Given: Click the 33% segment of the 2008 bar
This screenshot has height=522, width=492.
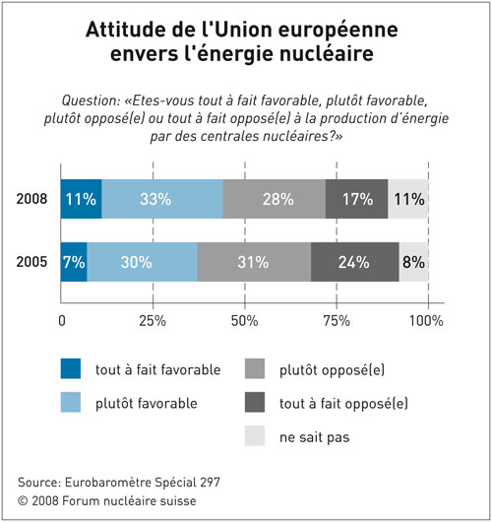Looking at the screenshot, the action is click(x=162, y=199).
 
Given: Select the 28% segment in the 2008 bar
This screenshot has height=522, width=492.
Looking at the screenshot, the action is click(x=275, y=199).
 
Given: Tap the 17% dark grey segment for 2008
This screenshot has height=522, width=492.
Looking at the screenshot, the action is click(x=356, y=199).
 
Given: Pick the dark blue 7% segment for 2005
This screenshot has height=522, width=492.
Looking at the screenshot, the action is click(x=74, y=262).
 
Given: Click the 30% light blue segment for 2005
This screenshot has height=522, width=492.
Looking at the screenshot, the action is click(x=142, y=262).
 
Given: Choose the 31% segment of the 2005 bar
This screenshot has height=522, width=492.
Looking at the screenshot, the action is click(x=254, y=262).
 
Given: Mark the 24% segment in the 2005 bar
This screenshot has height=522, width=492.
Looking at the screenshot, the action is click(x=355, y=262).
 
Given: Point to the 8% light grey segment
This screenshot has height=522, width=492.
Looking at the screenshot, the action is click(x=414, y=262).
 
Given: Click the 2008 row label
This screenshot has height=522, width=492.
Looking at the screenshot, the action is click(x=31, y=199).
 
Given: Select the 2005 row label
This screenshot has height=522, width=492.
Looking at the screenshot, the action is click(x=31, y=262).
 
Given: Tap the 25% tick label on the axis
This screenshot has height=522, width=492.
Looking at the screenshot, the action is click(x=153, y=321).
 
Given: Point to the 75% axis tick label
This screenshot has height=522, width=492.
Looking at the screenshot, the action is click(x=337, y=321).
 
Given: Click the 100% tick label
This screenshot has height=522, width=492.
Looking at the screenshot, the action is click(x=426, y=321).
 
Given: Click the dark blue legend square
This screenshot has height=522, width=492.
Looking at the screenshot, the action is click(x=71, y=368).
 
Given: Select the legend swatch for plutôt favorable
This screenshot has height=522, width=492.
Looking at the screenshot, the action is click(x=71, y=402).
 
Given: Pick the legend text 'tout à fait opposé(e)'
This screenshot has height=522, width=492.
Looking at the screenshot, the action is click(x=343, y=404).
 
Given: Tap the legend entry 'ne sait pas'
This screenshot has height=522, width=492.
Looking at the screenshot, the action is click(x=314, y=437).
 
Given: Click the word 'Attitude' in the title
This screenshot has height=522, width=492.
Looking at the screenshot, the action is click(x=125, y=30).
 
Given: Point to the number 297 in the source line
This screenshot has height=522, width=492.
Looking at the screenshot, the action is click(x=210, y=482).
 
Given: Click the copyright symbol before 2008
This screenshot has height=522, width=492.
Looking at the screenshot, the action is click(x=23, y=500).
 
